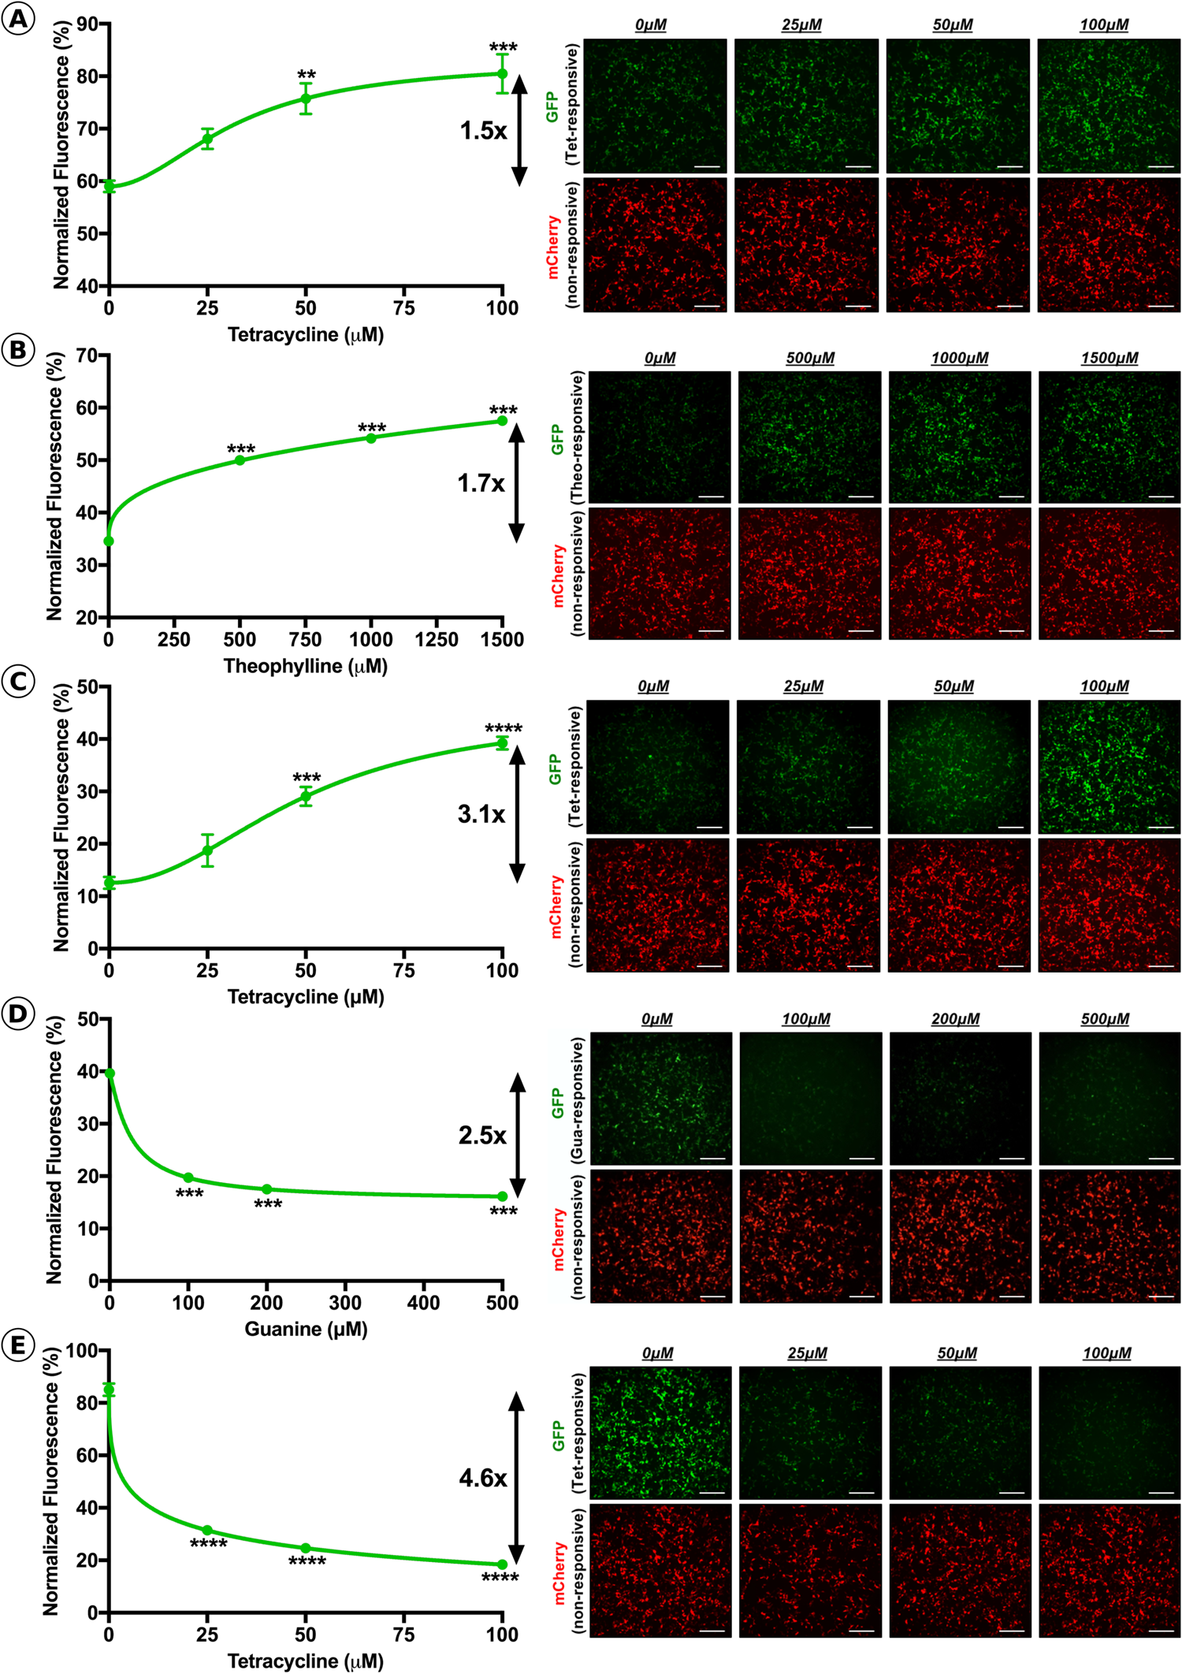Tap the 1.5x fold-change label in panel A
(483, 130)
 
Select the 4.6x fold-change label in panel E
(482, 1478)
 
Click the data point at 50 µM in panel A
(306, 99)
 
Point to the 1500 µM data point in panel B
(502, 421)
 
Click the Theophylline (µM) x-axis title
(306, 667)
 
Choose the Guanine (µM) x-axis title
(306, 1330)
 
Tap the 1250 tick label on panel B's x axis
(437, 640)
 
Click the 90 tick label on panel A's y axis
(87, 24)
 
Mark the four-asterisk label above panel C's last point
(503, 728)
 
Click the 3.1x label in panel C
(481, 813)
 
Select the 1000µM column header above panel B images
(959, 358)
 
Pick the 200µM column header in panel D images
(955, 1019)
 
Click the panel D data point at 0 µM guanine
(110, 1073)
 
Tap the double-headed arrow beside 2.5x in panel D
(518, 1136)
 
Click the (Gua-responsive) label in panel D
(578, 1099)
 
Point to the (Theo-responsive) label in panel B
(578, 438)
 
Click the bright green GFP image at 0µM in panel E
(660, 1432)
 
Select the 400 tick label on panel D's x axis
(424, 1303)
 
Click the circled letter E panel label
(19, 1345)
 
